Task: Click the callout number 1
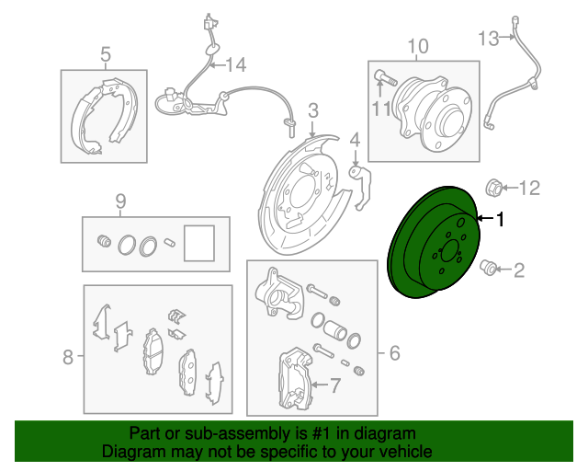(501, 220)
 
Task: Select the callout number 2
(519, 270)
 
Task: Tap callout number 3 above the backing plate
(313, 111)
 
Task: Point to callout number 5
(106, 54)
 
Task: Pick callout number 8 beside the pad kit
(67, 357)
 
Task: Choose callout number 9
(119, 201)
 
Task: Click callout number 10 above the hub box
(417, 45)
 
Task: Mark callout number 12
(527, 189)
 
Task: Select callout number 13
(488, 38)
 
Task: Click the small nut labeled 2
(490, 268)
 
